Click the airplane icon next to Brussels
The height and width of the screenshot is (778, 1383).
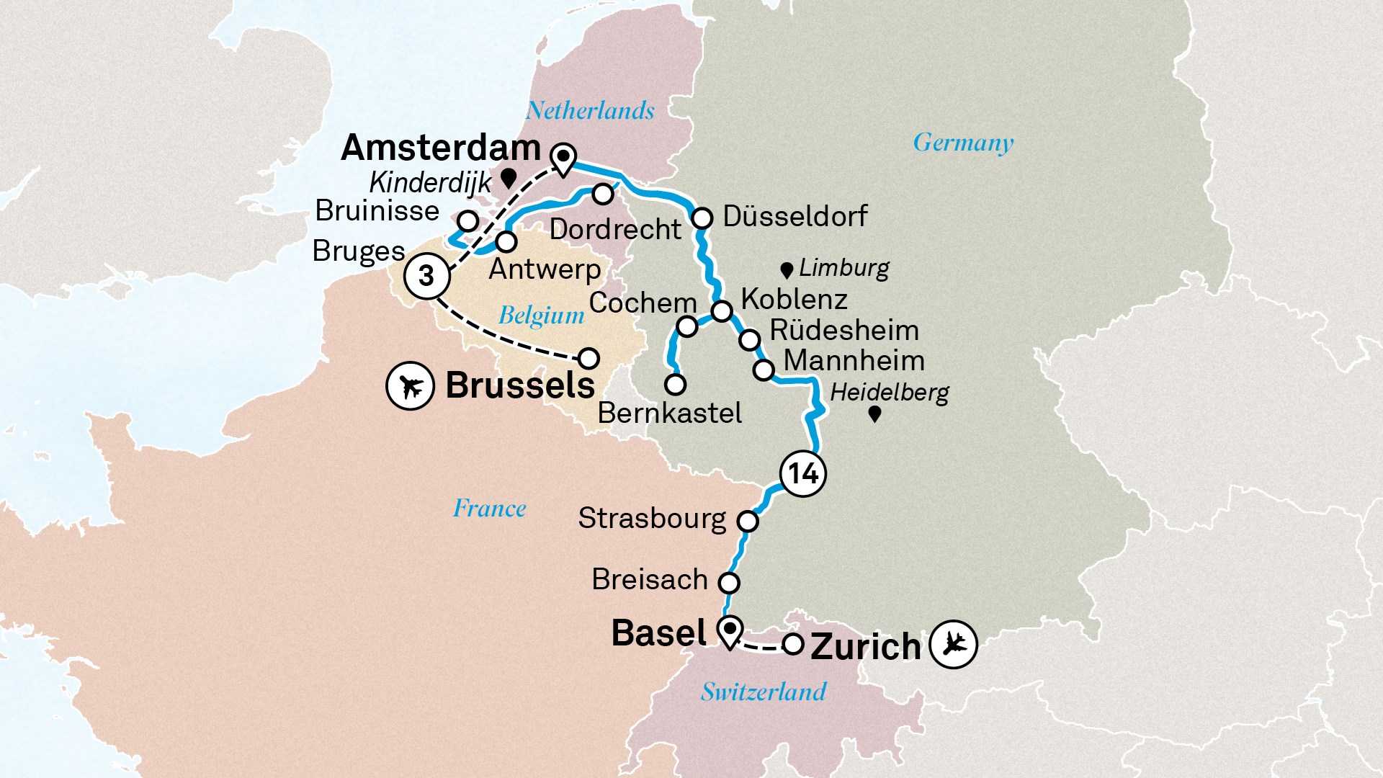pos(410,387)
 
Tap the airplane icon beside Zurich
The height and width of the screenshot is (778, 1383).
pos(953,644)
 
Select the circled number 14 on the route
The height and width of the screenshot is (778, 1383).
pos(802,474)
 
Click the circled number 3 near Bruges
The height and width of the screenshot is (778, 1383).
pos(426,275)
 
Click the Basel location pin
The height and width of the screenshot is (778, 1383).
pos(730,632)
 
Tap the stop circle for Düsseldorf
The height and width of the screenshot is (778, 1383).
pos(702,218)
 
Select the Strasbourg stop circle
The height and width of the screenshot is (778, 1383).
pos(748,521)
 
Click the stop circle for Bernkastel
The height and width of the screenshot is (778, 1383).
pos(675,385)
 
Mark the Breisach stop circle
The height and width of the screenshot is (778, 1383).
pos(729,582)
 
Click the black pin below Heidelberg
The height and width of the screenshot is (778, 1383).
pos(874,414)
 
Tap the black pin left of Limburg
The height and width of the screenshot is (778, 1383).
pos(787,271)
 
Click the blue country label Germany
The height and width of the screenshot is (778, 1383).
pos(963,142)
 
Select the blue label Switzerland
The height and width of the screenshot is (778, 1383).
pos(764,692)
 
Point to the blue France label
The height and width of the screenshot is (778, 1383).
pos(489,509)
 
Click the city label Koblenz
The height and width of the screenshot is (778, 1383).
pos(794,299)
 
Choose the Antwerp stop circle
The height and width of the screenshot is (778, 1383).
pos(506,241)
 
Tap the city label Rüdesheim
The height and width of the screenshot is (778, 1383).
pos(844,331)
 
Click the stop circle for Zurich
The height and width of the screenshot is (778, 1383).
pos(793,644)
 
